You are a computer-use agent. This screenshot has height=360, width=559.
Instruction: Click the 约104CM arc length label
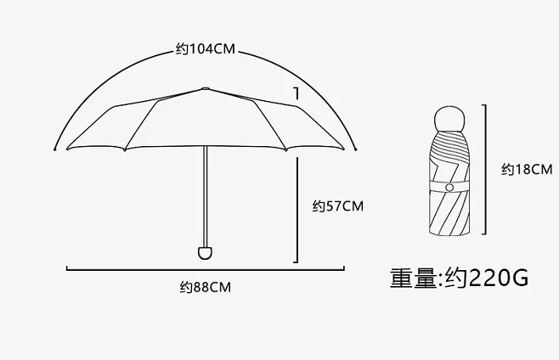pos(205,48)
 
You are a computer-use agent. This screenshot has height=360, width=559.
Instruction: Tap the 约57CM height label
pos(337,205)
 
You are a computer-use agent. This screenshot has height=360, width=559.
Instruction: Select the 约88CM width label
pos(205,287)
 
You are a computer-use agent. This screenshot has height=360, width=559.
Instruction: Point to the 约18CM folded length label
pos(527,169)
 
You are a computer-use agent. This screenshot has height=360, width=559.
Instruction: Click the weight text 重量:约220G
pos(459,278)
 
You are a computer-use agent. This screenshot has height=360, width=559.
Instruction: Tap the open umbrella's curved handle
pos(204,251)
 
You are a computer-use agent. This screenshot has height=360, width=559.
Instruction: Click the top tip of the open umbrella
pos(205,87)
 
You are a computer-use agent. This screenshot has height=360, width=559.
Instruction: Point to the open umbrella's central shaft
pos(204,195)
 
